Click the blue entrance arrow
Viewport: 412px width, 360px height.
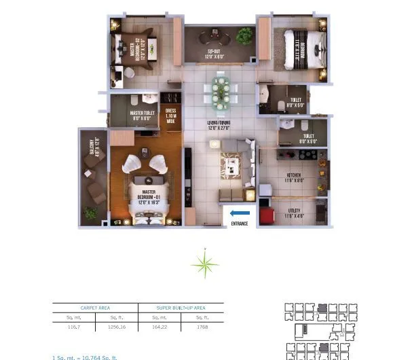coord(240,213)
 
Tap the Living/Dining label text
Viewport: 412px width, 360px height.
coord(220,126)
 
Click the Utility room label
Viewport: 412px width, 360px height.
coord(293,212)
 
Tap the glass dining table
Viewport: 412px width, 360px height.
coord(222,90)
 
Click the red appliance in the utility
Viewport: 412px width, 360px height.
coord(267,215)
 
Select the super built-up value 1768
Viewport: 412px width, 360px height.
coord(202,327)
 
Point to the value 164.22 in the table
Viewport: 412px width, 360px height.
coord(159,327)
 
